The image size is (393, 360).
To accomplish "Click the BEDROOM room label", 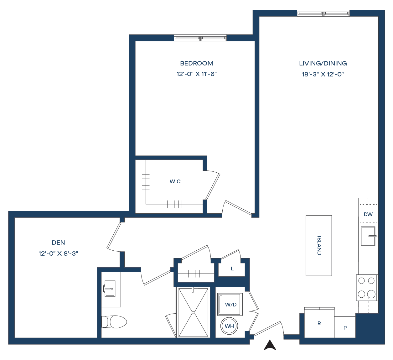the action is [x=197, y=63].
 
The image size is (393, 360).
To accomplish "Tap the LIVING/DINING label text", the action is [x=323, y=63].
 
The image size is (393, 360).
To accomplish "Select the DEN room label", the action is [x=58, y=243].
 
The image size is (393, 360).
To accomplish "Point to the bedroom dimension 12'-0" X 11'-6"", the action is [x=197, y=74].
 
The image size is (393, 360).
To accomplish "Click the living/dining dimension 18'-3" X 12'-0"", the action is [x=323, y=74].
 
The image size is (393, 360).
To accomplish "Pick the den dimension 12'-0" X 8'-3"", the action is [x=58, y=253].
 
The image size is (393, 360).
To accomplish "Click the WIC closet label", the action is [x=175, y=181].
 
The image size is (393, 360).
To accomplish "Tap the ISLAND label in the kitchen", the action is [x=319, y=246].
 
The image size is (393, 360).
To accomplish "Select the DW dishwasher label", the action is [x=368, y=214].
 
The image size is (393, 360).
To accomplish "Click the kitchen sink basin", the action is [x=368, y=236].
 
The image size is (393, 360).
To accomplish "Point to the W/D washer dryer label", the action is [x=231, y=305].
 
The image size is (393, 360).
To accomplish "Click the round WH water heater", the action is [x=230, y=326].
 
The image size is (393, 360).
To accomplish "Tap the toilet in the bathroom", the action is [x=114, y=322].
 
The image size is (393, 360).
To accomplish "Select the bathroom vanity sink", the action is [x=110, y=289].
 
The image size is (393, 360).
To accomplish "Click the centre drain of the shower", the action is [x=193, y=312].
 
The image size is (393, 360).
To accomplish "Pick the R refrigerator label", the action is [x=319, y=323].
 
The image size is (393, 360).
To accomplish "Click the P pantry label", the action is [x=345, y=328].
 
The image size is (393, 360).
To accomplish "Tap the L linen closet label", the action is [x=232, y=269].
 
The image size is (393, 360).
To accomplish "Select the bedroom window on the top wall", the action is [x=200, y=38].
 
